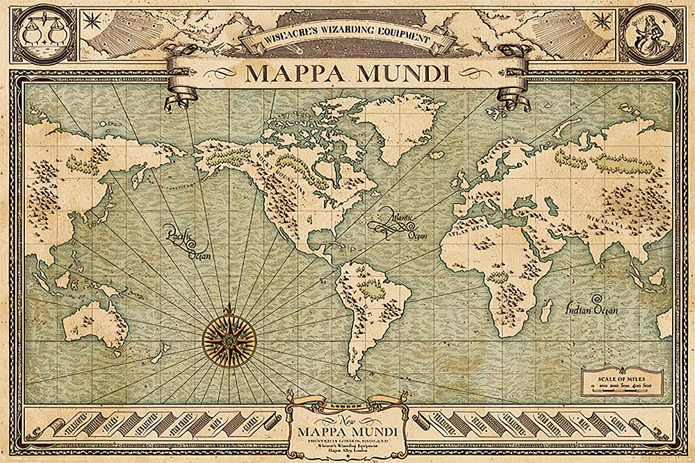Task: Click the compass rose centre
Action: [x=229, y=338]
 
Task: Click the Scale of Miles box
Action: [x=622, y=382]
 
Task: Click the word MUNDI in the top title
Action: [x=409, y=71]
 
